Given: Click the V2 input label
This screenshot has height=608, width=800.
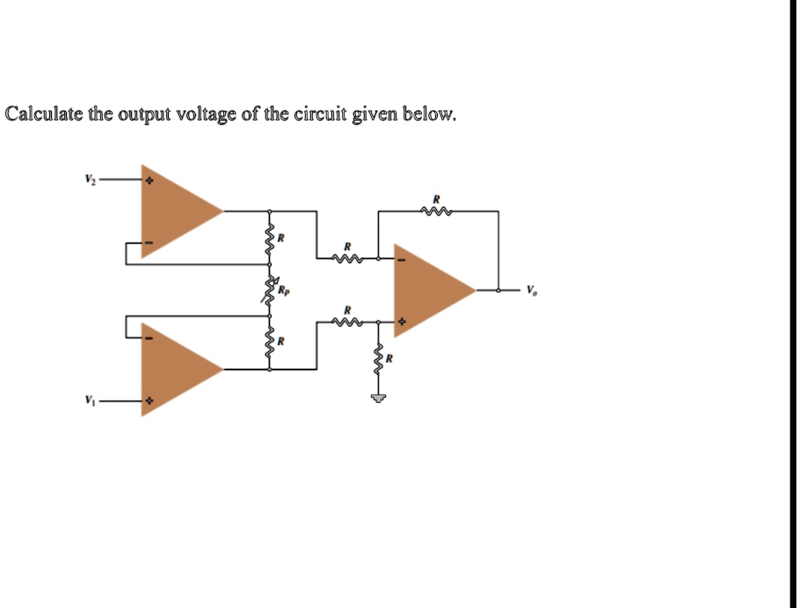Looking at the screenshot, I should point(89,179).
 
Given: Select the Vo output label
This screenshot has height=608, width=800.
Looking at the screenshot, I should point(531,289).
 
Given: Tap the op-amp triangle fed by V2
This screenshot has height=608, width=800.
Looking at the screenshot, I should point(176,210).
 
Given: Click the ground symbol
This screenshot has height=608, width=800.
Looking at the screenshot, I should point(379,399).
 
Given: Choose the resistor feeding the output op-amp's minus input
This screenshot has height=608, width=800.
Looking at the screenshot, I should point(348,259).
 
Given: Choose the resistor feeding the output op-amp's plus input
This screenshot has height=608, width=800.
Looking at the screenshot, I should point(348,322).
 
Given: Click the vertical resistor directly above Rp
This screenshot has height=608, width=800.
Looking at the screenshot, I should point(270,239).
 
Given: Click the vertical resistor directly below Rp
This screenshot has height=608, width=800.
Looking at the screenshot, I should point(270,341).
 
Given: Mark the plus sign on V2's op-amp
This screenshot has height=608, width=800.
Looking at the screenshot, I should point(149,180).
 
